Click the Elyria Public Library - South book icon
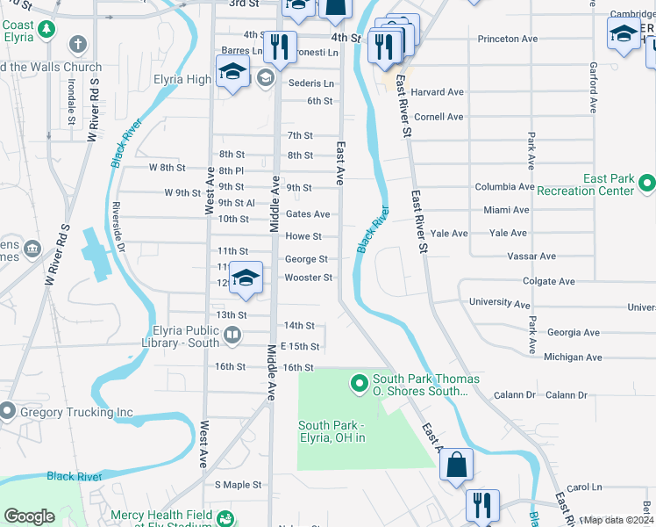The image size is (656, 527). (232, 333)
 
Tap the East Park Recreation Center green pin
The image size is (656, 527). (647, 184)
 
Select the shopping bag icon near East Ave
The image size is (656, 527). (456, 465)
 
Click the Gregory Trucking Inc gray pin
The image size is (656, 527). (8, 411)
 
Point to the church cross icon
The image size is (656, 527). (78, 44)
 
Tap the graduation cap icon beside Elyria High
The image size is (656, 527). (232, 72)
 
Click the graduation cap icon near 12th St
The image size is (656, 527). (247, 278)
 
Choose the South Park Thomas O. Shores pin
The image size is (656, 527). (359, 384)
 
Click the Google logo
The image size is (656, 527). (29, 516)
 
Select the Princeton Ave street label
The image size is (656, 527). (507, 39)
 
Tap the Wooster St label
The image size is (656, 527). (308, 278)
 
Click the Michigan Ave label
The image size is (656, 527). (573, 357)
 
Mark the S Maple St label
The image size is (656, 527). (239, 484)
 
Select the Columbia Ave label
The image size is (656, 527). (504, 187)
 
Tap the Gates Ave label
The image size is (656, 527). (308, 214)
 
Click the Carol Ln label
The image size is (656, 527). (585, 487)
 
